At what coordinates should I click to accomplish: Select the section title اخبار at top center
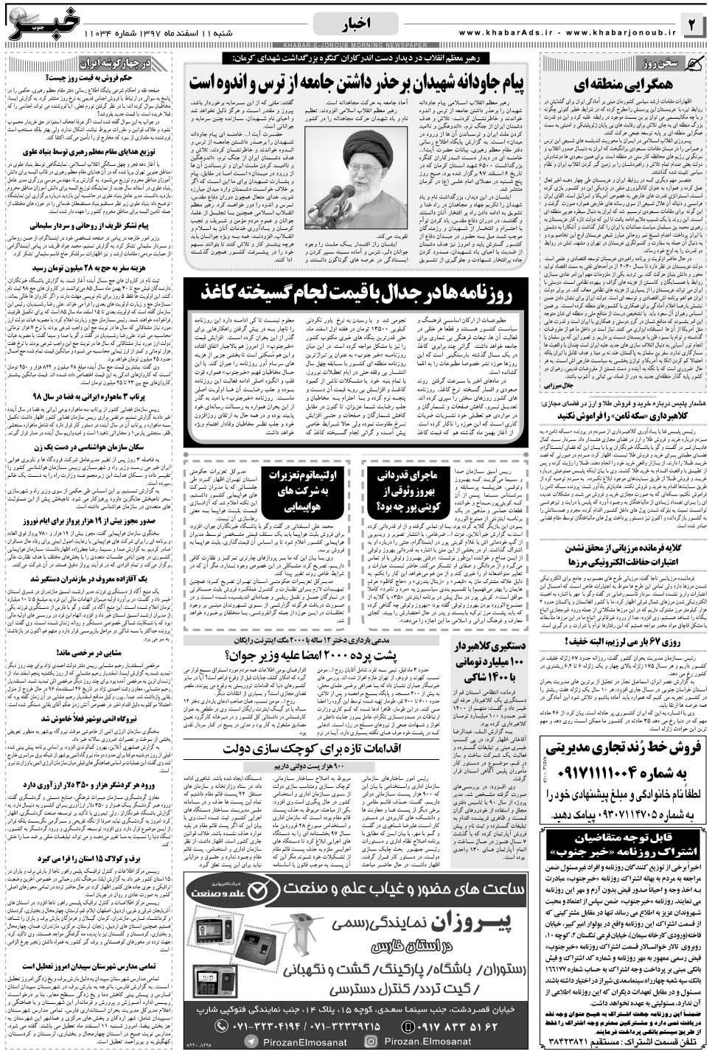pos(357,25)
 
